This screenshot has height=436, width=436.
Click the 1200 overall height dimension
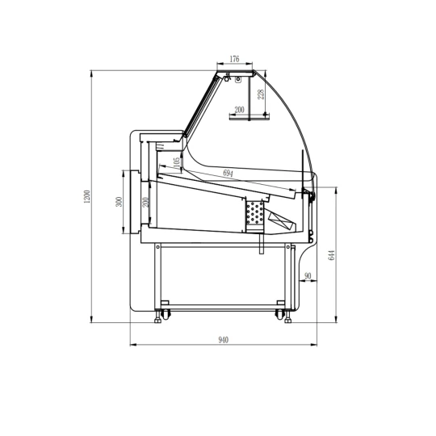tap(87, 196)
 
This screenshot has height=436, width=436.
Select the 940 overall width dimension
tap(224, 340)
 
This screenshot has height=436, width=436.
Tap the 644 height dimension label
tap(332, 255)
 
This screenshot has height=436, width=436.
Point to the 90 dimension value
tap(308, 276)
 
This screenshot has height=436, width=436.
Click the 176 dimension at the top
tap(234, 59)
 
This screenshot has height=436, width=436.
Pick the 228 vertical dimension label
tap(261, 94)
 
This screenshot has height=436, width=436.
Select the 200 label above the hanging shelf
tap(239, 110)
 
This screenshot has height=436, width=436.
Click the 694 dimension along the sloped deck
tap(228, 173)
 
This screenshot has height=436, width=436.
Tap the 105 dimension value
tap(177, 163)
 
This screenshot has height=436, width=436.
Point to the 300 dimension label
tap(119, 202)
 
